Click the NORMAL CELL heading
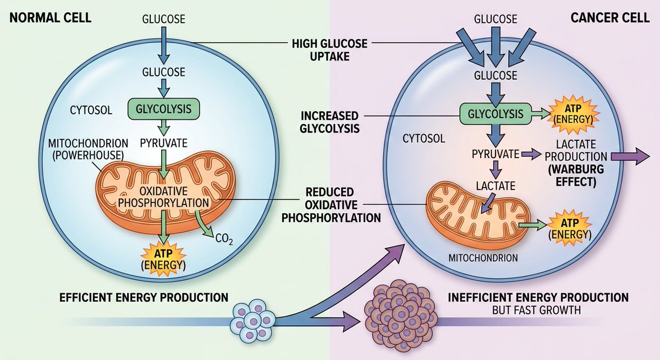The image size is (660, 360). pyautogui.click(x=51, y=18)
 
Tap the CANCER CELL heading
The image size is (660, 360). pyautogui.click(x=610, y=18)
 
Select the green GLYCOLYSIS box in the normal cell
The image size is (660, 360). pyautogui.click(x=163, y=109)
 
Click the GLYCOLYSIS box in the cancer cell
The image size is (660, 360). pyautogui.click(x=496, y=114)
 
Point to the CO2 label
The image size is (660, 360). pyautogui.click(x=224, y=239)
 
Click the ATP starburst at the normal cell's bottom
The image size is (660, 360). pyautogui.click(x=163, y=259)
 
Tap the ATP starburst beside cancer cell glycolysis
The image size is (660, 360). pyautogui.click(x=573, y=114)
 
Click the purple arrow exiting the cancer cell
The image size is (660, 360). pyautogui.click(x=630, y=156)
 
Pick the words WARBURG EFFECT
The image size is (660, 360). pyautogui.click(x=576, y=175)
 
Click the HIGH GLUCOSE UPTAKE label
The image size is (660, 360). pyautogui.click(x=329, y=50)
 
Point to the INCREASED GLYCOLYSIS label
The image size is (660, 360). pyautogui.click(x=329, y=122)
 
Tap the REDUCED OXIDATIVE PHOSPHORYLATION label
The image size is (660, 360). pyautogui.click(x=331, y=205)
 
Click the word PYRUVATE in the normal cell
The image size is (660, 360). pyautogui.click(x=163, y=143)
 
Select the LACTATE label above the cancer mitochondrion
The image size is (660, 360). pyautogui.click(x=496, y=186)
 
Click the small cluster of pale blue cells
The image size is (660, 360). pyautogui.click(x=253, y=321)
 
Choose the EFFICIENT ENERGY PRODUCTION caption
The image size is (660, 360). pyautogui.click(x=144, y=297)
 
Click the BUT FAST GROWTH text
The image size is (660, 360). pyautogui.click(x=536, y=310)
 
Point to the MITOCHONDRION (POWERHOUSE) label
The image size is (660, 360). pyautogui.click(x=88, y=149)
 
